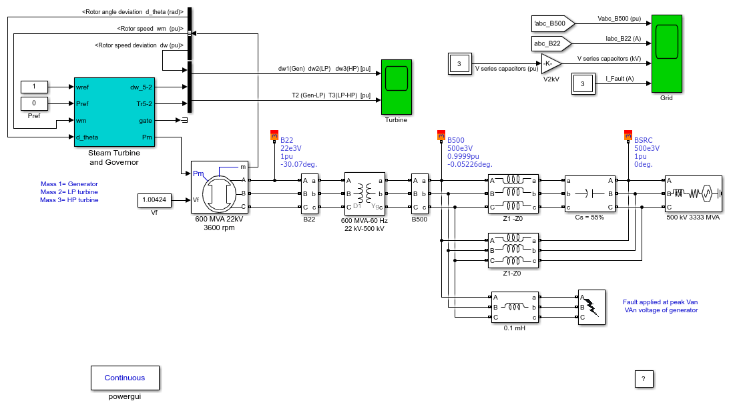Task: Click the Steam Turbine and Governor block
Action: [x=114, y=112]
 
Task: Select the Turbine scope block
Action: [x=396, y=87]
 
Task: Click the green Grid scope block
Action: [x=667, y=53]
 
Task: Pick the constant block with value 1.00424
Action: [x=154, y=200]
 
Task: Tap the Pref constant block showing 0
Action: [x=34, y=103]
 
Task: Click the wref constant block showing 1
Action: [x=34, y=87]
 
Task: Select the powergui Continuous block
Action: [x=125, y=378]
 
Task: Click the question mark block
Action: [x=644, y=379]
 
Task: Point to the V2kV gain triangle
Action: [x=551, y=63]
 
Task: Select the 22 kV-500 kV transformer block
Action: [x=364, y=193]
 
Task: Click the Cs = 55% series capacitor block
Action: [x=590, y=193]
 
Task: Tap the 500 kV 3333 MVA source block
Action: [x=693, y=193]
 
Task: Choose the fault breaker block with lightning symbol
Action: [x=592, y=307]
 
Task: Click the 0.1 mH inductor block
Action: [x=515, y=307]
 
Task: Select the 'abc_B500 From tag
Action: [x=553, y=24]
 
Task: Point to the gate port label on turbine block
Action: [x=146, y=121]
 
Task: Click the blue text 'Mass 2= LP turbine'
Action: [x=69, y=192]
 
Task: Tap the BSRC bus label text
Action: [x=644, y=140]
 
